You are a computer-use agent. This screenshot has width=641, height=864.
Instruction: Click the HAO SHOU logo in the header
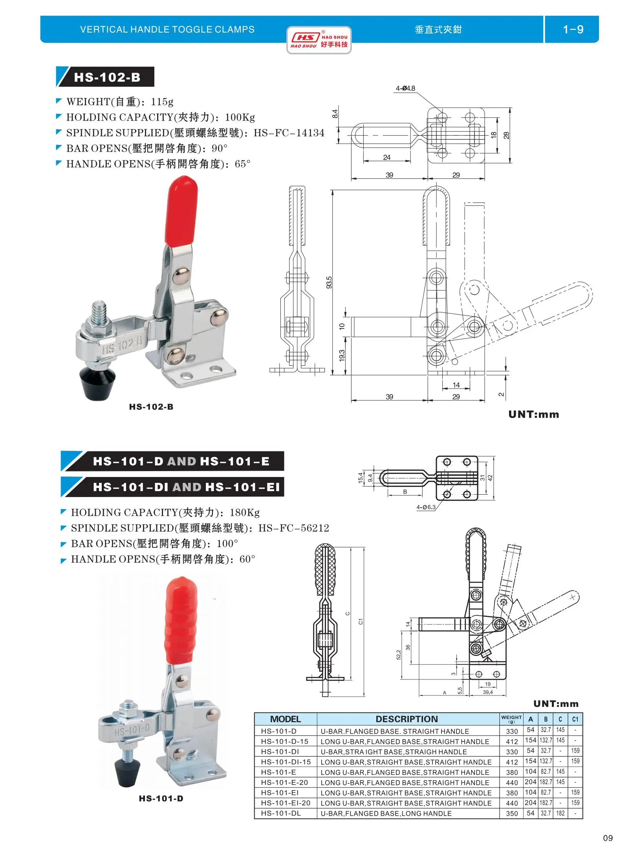pos(319,40)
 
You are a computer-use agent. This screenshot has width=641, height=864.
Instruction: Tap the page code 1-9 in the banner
pos(573,29)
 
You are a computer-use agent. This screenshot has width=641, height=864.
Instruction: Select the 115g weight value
pos(162,102)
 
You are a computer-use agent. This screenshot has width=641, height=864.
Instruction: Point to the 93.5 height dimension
pos(329,282)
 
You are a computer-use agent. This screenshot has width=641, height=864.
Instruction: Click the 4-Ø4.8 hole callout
pos(405,88)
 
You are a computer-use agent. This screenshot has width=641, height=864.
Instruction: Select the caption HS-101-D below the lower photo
pos(161,798)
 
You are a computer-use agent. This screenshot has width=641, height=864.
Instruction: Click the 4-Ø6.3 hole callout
pos(426,507)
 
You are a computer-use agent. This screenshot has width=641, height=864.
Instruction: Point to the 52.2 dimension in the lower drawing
pos(399,655)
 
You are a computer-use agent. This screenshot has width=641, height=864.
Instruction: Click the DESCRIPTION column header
pos(407,719)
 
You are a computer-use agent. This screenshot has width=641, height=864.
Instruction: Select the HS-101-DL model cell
pos(281,813)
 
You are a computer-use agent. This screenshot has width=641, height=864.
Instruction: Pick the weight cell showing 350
pos(512,813)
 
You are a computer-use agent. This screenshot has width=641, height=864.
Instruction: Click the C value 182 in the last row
pos(560,813)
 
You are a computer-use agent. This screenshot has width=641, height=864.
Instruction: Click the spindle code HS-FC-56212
pos(293,528)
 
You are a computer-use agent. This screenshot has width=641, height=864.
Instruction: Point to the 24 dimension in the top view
pos(386,157)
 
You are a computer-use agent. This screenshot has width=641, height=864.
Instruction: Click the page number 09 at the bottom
pos(608,838)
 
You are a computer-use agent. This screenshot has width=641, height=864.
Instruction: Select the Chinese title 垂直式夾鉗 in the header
pos(438,29)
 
